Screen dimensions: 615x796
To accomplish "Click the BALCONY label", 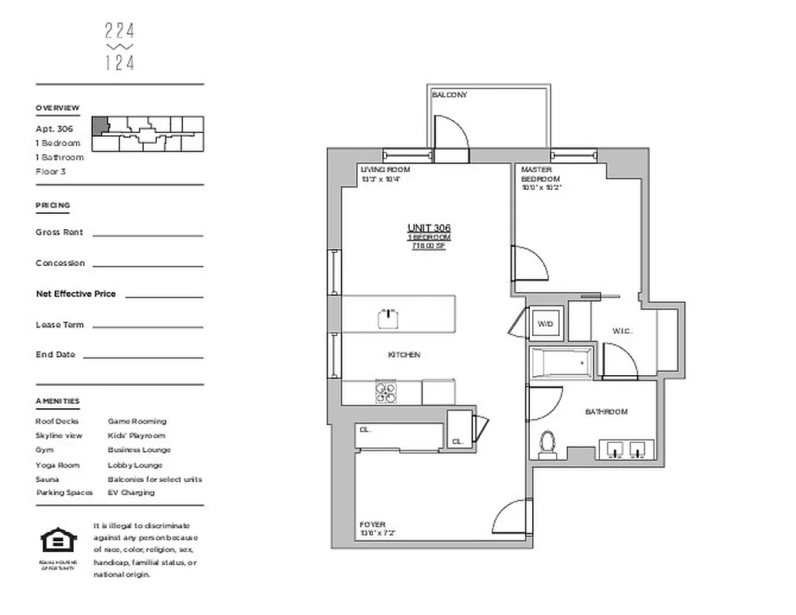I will (449, 95).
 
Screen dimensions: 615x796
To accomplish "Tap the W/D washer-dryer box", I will (546, 324).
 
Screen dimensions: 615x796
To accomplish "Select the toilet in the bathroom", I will (548, 444).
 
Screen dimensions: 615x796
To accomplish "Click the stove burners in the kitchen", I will (385, 393).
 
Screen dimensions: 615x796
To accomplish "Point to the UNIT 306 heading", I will (429, 228).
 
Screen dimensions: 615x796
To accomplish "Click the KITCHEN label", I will (404, 354).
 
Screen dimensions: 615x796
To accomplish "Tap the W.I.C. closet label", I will (622, 331).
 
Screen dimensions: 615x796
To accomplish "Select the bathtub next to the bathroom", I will (561, 361).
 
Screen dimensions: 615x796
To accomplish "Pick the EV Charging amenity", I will (131, 493).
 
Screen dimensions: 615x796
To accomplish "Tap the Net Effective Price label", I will (75, 294).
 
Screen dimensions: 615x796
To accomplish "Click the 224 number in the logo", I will (119, 31).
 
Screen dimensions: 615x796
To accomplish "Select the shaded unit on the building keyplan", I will (100, 126).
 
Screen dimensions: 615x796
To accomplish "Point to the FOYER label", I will (372, 525).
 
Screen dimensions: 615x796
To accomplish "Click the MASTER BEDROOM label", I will (540, 174).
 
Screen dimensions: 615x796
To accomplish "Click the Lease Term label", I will (59, 324).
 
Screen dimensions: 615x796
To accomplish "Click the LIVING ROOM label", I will (385, 169).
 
